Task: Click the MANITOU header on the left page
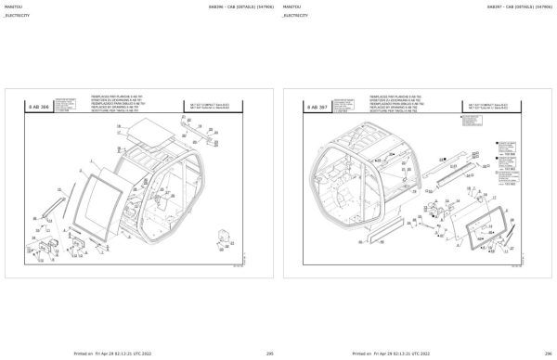[12, 6]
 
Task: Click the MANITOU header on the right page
[291, 6]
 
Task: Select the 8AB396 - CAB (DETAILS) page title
[228, 6]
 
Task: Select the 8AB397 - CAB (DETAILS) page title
[507, 6]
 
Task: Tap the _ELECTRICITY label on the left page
[16, 16]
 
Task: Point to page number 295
[269, 354]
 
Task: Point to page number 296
[548, 354]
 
